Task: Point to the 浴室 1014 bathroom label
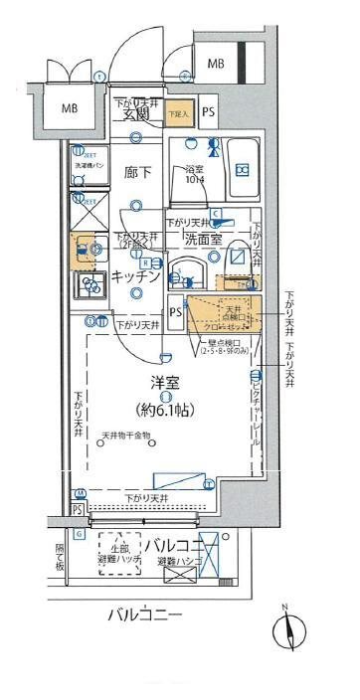[195, 175]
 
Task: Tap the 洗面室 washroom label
[206, 240]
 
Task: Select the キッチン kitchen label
[136, 277]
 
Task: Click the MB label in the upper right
[216, 65]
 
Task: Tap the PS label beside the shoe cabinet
[208, 112]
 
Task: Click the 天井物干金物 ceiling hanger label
[125, 436]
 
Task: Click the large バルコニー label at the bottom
[145, 615]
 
